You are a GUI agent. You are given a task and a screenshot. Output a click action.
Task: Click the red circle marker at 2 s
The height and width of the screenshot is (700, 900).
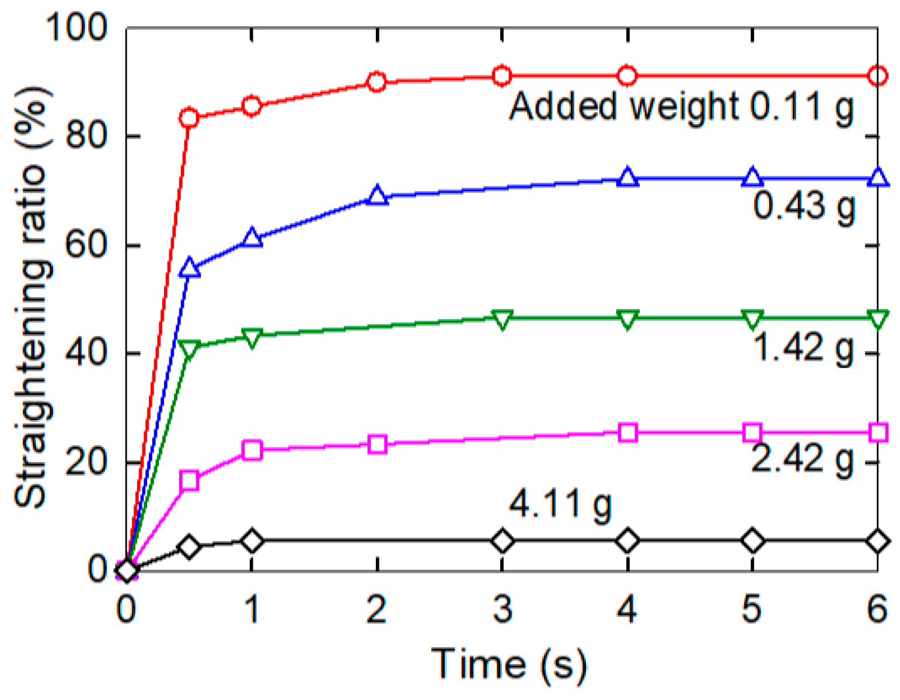377,82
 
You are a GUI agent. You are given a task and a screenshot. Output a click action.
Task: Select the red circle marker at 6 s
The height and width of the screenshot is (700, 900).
877,76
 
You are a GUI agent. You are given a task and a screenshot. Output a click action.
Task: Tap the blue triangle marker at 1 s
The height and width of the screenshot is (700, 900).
252,238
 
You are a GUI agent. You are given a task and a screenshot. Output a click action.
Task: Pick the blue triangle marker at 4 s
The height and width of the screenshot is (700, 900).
627,177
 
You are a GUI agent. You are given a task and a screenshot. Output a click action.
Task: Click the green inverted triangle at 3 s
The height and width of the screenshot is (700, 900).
502,320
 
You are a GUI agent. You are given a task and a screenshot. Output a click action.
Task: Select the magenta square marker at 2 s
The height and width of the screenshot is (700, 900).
378,445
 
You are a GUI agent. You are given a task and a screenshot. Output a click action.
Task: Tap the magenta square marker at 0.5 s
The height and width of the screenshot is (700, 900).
189,481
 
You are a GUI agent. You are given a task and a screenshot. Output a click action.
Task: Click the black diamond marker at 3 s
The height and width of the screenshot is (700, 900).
502,542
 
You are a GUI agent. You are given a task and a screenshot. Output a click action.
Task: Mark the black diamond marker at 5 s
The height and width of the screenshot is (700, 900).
752,542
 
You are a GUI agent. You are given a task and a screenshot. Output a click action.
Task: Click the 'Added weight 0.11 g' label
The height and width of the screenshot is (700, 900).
681,108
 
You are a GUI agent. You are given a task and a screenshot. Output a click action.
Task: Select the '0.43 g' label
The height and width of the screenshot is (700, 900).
804,206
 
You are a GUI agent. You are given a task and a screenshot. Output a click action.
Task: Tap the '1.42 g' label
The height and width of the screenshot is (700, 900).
804,349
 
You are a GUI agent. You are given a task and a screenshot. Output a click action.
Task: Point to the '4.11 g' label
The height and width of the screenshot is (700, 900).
560,504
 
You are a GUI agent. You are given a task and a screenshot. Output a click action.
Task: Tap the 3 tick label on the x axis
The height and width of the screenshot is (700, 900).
502,609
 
